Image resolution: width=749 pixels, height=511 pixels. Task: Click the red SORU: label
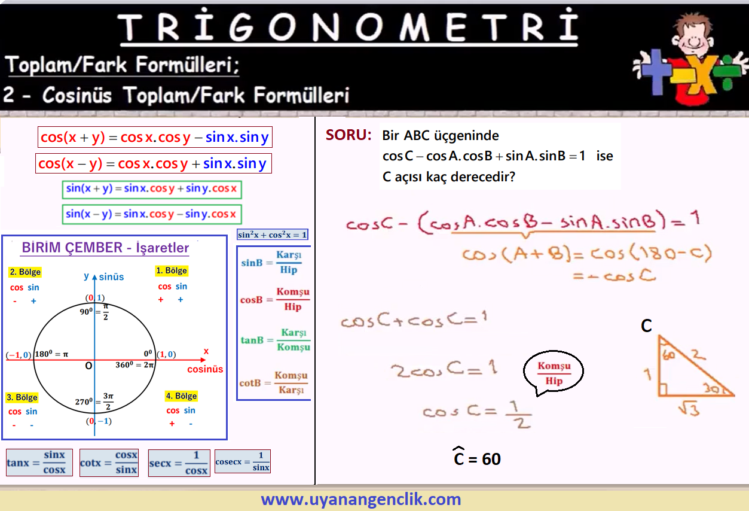(x=348, y=135)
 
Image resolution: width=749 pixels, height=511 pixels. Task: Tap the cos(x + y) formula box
(x=155, y=137)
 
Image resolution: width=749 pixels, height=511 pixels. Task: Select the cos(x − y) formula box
(x=154, y=163)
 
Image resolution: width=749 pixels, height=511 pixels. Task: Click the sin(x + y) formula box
(x=152, y=190)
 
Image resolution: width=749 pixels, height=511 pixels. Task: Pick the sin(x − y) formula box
(x=152, y=214)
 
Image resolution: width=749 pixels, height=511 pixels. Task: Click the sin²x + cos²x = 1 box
(x=273, y=235)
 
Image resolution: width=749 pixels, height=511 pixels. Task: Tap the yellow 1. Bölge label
(x=172, y=270)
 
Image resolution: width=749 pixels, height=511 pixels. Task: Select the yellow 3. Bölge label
(x=22, y=397)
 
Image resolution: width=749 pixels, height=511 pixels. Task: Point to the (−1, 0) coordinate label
(x=19, y=355)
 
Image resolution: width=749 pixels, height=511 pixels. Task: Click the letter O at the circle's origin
(x=88, y=366)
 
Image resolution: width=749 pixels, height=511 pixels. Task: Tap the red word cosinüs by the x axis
(x=205, y=369)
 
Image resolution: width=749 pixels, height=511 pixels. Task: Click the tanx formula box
(x=39, y=463)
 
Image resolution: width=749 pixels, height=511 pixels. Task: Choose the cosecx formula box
(x=243, y=461)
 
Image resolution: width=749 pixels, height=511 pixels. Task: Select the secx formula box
(x=179, y=463)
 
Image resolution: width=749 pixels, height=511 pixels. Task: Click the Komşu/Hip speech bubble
(x=554, y=372)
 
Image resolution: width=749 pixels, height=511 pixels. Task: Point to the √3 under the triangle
(x=689, y=408)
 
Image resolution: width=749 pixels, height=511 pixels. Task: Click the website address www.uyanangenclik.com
(x=361, y=499)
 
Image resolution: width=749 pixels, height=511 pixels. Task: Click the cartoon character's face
(x=694, y=37)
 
